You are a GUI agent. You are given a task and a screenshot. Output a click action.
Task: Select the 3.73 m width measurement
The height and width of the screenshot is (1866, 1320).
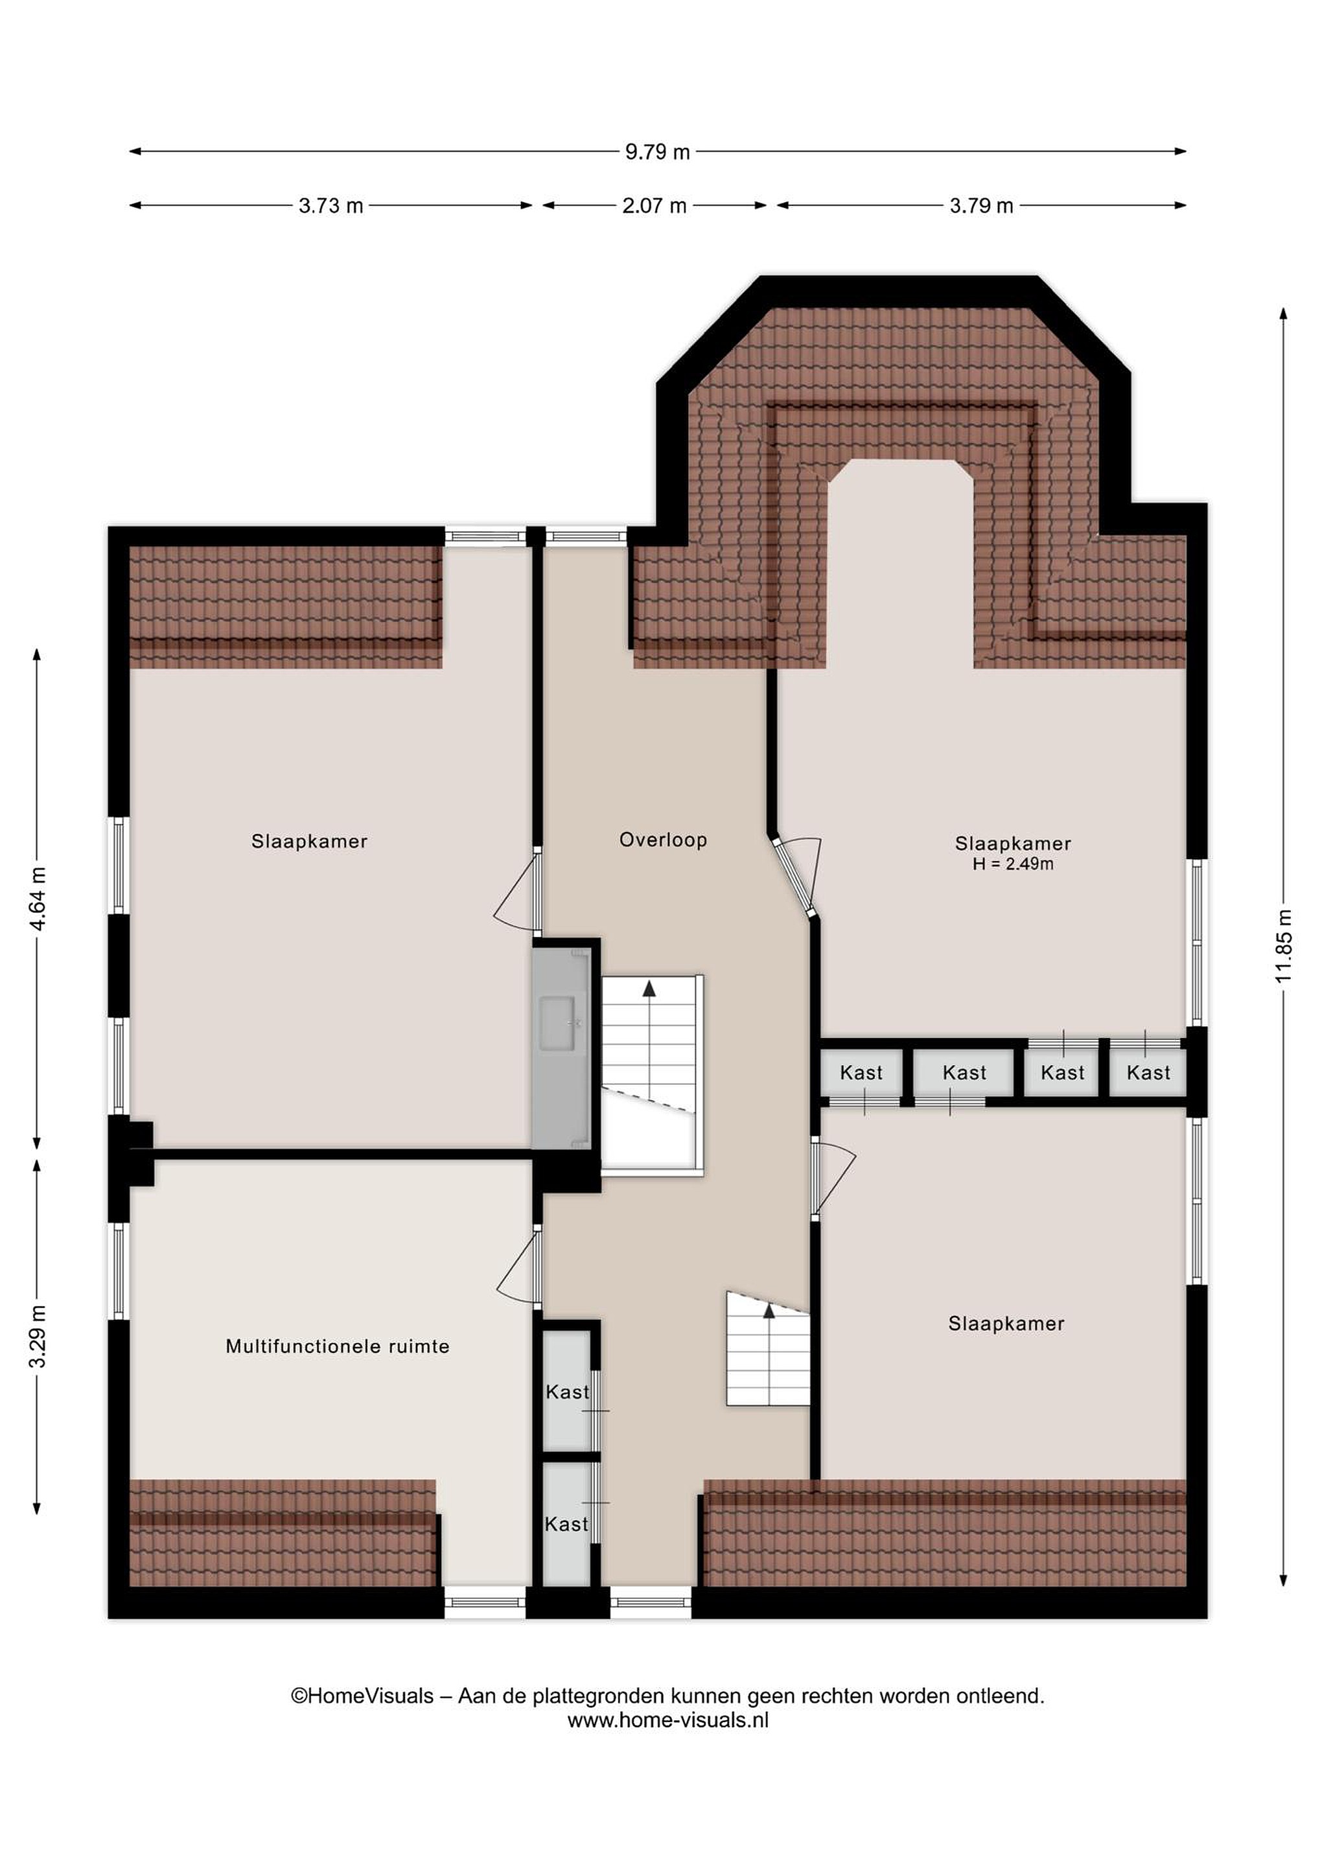coord(330,205)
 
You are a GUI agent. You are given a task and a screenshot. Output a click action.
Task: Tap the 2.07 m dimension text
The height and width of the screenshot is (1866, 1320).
coord(654,205)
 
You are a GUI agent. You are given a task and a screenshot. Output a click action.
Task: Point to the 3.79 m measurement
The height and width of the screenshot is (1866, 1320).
coord(981,205)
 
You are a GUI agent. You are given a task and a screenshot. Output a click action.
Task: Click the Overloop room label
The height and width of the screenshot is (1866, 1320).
coord(664,840)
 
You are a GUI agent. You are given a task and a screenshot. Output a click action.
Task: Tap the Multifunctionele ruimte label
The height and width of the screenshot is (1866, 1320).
coord(338,1346)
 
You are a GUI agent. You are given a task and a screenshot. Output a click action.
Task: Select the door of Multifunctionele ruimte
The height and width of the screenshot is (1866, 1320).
coord(518,1267)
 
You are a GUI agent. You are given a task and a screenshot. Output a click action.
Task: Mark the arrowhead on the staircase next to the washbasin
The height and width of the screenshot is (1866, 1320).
coord(649,988)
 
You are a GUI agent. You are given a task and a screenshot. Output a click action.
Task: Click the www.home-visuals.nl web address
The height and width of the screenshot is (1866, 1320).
coord(667,1720)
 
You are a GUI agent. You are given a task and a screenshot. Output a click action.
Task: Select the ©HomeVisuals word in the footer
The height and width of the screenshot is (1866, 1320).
coord(362,1696)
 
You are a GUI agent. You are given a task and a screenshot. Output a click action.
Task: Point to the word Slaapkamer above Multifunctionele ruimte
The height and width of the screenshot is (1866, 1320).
coord(309,841)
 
